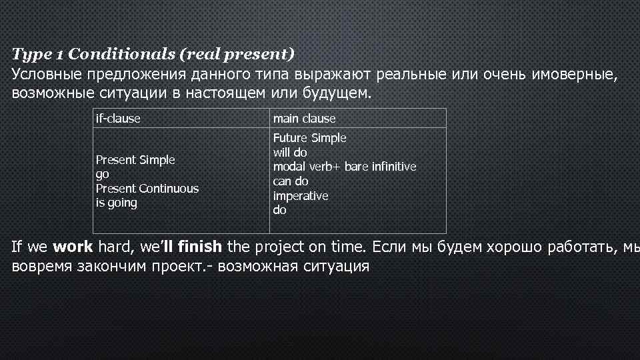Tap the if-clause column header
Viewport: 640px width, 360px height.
tap(118, 119)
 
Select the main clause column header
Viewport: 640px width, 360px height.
tap(304, 119)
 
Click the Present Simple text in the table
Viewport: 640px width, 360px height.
tap(135, 160)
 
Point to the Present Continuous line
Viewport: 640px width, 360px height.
tap(147, 189)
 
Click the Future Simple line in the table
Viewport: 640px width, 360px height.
tap(309, 138)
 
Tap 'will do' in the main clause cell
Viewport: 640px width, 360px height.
tap(290, 153)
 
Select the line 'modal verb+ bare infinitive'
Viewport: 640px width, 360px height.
tap(344, 167)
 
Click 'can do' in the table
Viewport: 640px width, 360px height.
tap(291, 181)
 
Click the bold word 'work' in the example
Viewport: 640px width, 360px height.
tap(73, 247)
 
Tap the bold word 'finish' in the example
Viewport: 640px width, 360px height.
tap(200, 247)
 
